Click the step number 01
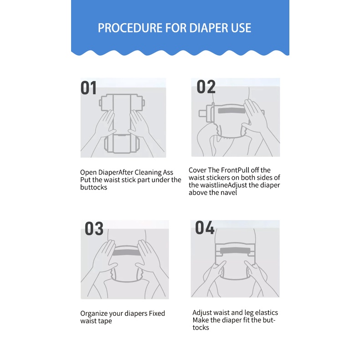[x=88, y=88]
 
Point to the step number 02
[x=206, y=87]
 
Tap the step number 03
[x=94, y=228]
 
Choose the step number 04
[x=205, y=227]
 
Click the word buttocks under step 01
[x=94, y=187]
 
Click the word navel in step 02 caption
[x=230, y=192]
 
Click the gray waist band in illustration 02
[x=231, y=111]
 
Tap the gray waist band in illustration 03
[x=126, y=252]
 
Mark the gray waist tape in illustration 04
[x=235, y=251]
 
